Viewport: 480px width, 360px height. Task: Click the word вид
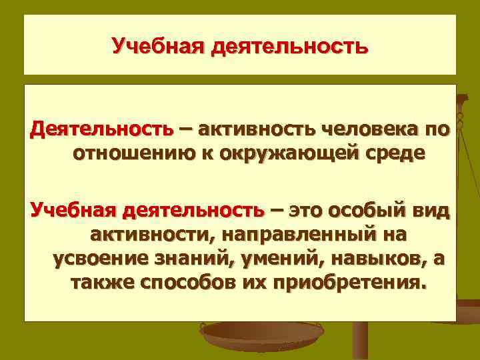[x=433, y=211]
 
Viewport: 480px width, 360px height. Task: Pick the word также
[x=102, y=285]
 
